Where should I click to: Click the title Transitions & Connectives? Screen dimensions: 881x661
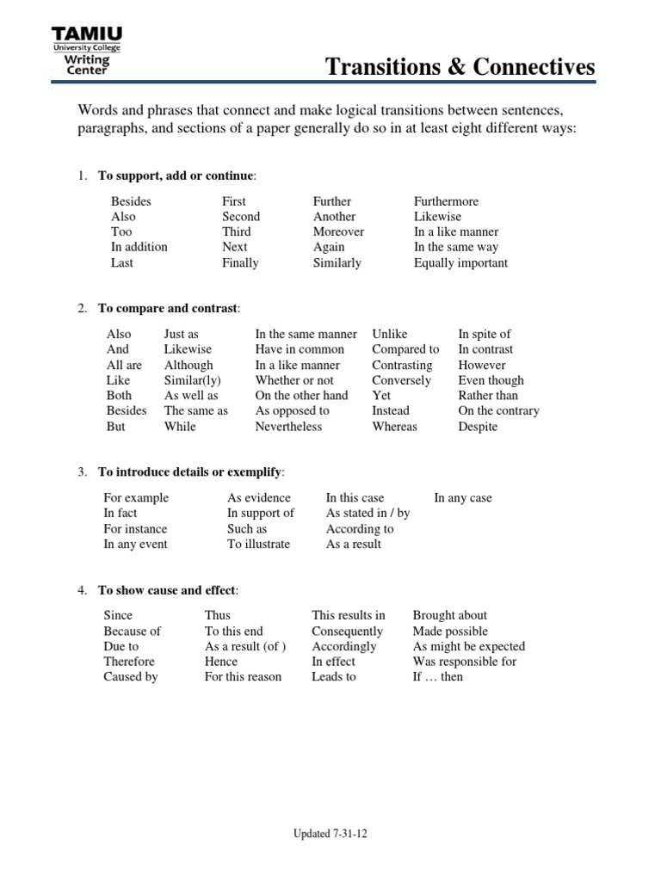tap(460, 68)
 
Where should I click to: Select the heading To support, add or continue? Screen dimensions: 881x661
tap(176, 176)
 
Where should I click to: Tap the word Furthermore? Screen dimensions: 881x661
tap(446, 201)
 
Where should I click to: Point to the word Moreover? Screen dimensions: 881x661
tap(338, 232)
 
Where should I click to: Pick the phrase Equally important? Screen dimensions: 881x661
tap(460, 263)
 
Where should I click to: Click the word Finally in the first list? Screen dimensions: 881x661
tap(240, 263)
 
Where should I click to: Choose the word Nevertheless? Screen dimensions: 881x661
tap(288, 427)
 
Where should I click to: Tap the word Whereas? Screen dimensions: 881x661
tap(394, 427)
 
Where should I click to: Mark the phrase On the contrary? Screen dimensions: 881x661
tap(498, 411)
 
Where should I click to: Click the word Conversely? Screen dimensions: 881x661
tap(401, 380)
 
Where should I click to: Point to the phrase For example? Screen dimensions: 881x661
tap(136, 498)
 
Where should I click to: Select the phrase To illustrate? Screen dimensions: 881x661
tap(258, 545)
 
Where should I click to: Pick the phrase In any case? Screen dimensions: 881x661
tap(463, 498)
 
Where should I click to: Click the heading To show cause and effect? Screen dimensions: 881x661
tap(167, 590)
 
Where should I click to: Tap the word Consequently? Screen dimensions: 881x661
tap(347, 631)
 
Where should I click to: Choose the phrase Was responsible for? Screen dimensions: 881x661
tap(465, 662)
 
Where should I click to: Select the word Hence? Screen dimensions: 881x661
tap(221, 662)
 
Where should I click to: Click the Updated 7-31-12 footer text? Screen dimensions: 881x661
tap(330, 834)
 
